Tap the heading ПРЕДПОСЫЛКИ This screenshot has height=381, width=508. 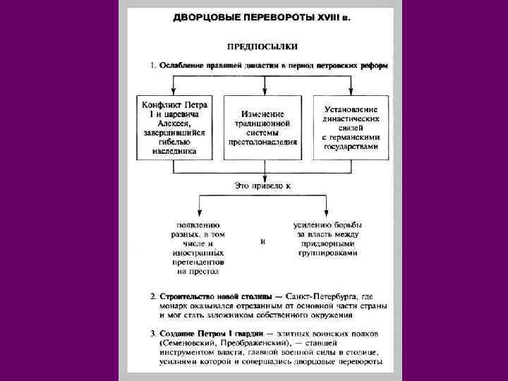coord(262,47)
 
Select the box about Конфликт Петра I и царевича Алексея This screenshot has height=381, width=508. coord(174,127)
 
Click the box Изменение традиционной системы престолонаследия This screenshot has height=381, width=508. coord(262,127)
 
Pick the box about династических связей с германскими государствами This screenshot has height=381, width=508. coord(351,127)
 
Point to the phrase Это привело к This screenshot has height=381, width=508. coord(262,186)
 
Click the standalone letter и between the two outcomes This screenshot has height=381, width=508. coord(262,241)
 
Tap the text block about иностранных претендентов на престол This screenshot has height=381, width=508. coord(198,247)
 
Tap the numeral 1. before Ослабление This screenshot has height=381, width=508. coord(152,66)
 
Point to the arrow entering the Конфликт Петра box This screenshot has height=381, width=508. coord(174,90)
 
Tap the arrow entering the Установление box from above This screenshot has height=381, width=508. coord(351,90)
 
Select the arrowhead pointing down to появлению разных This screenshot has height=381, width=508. coord(198,213)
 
